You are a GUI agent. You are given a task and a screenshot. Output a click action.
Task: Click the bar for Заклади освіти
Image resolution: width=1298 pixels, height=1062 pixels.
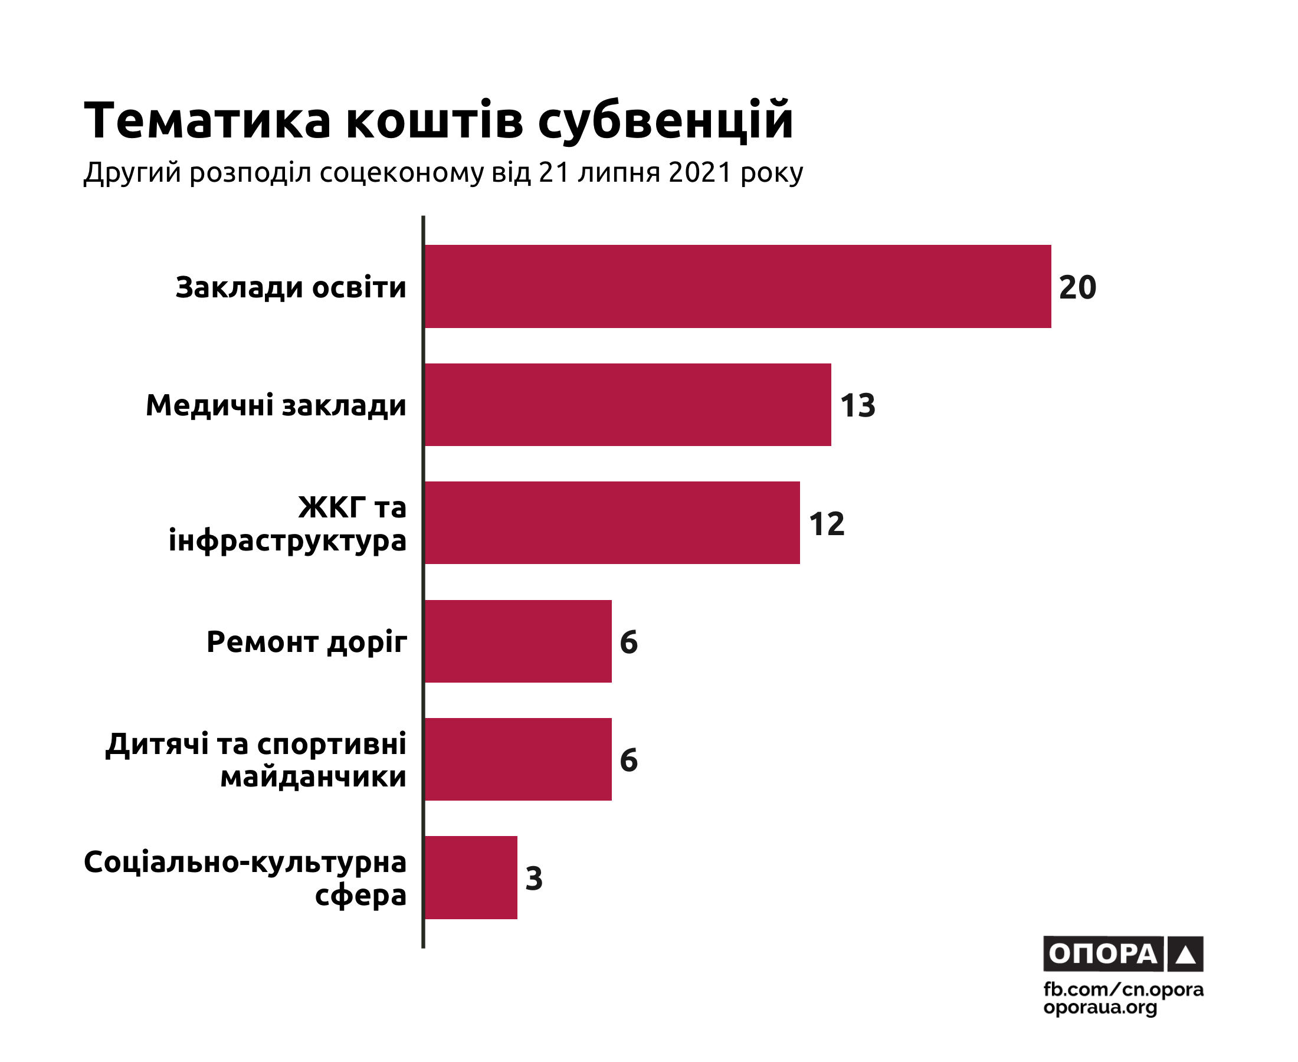pos(737,286)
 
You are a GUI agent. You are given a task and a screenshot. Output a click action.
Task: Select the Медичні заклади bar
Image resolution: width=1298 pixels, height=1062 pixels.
pos(628,404)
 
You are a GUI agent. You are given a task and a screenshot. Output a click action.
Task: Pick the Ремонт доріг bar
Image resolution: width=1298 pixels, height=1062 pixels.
pos(518,641)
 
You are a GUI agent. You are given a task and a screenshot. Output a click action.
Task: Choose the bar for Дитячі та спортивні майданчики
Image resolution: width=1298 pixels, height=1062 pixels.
pos(518,759)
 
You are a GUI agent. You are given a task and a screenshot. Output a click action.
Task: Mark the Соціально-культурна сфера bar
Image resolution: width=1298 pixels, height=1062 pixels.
pos(471,877)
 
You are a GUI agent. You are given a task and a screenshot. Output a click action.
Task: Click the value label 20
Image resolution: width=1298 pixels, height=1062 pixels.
pos(1077,287)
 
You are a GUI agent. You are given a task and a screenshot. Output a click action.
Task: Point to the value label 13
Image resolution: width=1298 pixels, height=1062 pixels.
pos(858,405)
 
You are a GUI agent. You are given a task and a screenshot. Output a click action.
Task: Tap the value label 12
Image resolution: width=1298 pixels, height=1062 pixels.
pos(827,524)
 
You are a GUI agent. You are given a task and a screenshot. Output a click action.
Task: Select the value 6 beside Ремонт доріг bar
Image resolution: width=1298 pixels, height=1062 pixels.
pos(629,642)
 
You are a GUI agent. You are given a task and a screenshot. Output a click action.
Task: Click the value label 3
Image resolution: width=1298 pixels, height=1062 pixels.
pos(534,879)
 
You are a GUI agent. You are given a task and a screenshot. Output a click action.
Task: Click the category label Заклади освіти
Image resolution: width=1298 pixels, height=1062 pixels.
pos(290,287)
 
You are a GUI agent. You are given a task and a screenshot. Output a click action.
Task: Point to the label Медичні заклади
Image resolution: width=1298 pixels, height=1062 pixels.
pos(276,405)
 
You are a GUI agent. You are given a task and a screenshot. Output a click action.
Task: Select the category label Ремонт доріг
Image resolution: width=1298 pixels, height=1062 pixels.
pos(306,643)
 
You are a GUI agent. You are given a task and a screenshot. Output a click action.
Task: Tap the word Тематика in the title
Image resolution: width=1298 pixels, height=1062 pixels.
pos(208,120)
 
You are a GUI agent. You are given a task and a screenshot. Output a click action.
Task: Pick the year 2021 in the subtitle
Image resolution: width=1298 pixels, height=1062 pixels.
pos(700,172)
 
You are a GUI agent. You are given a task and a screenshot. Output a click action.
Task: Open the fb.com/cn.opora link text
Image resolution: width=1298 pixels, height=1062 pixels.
pos(1123,989)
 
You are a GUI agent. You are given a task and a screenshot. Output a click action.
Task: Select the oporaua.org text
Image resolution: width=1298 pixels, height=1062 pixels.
pos(1100,1007)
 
